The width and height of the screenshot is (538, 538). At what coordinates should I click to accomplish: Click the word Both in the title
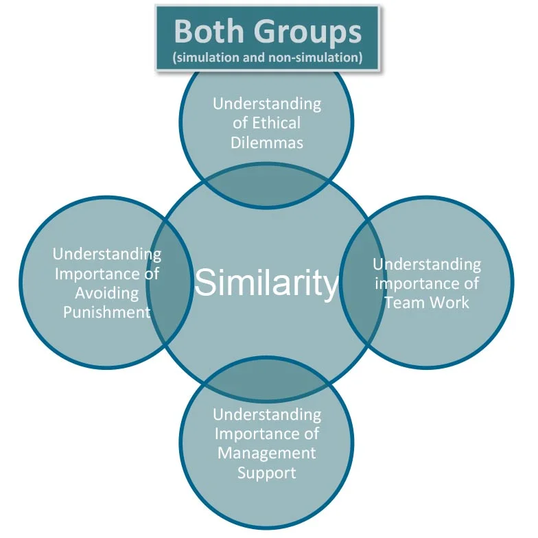(209, 32)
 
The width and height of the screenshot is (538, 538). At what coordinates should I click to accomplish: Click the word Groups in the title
(307, 33)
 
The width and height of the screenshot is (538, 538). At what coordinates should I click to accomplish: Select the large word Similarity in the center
(266, 283)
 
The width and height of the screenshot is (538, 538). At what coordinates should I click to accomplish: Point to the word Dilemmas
(267, 143)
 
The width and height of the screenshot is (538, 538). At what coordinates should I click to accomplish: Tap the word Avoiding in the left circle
(107, 294)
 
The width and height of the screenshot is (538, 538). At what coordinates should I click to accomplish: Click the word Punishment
(107, 312)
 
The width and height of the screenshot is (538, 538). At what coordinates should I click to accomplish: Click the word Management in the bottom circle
(266, 453)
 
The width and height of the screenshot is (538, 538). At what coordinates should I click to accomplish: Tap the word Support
(266, 473)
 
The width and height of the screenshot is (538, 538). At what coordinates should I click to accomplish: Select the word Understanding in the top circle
(267, 104)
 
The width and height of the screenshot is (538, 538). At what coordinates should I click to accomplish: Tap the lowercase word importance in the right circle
(427, 283)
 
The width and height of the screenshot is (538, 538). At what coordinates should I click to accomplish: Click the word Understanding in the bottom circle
(267, 414)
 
